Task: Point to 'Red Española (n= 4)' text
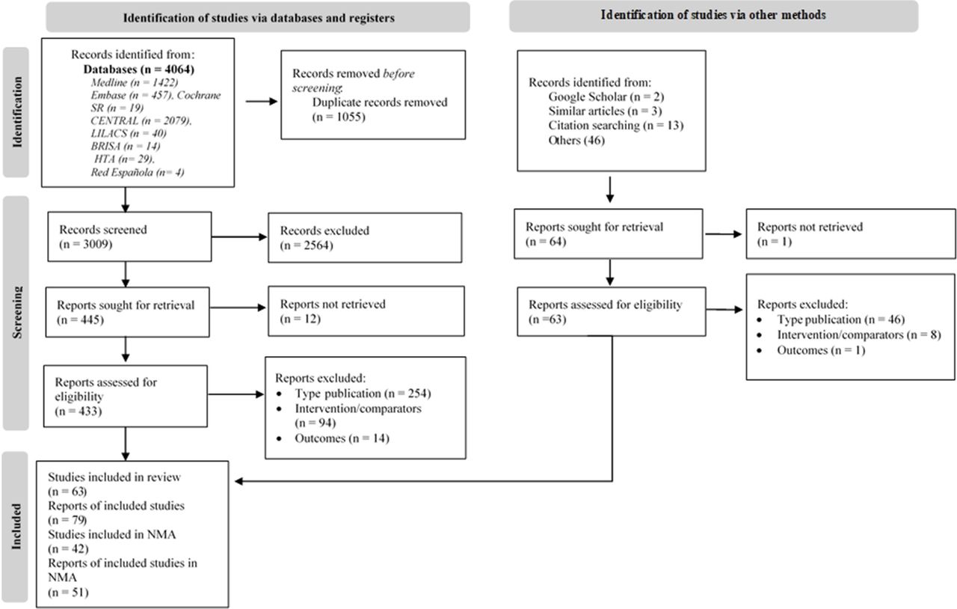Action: click(138, 172)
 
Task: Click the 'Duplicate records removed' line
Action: click(380, 102)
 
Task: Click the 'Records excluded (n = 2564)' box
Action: click(365, 237)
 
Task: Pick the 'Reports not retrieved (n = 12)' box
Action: click(365, 310)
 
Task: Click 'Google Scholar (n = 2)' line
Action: click(606, 97)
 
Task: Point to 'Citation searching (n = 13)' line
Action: click(615, 125)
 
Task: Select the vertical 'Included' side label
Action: click(16, 527)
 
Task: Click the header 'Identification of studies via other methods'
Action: click(713, 16)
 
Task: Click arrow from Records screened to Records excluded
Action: click(240, 237)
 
